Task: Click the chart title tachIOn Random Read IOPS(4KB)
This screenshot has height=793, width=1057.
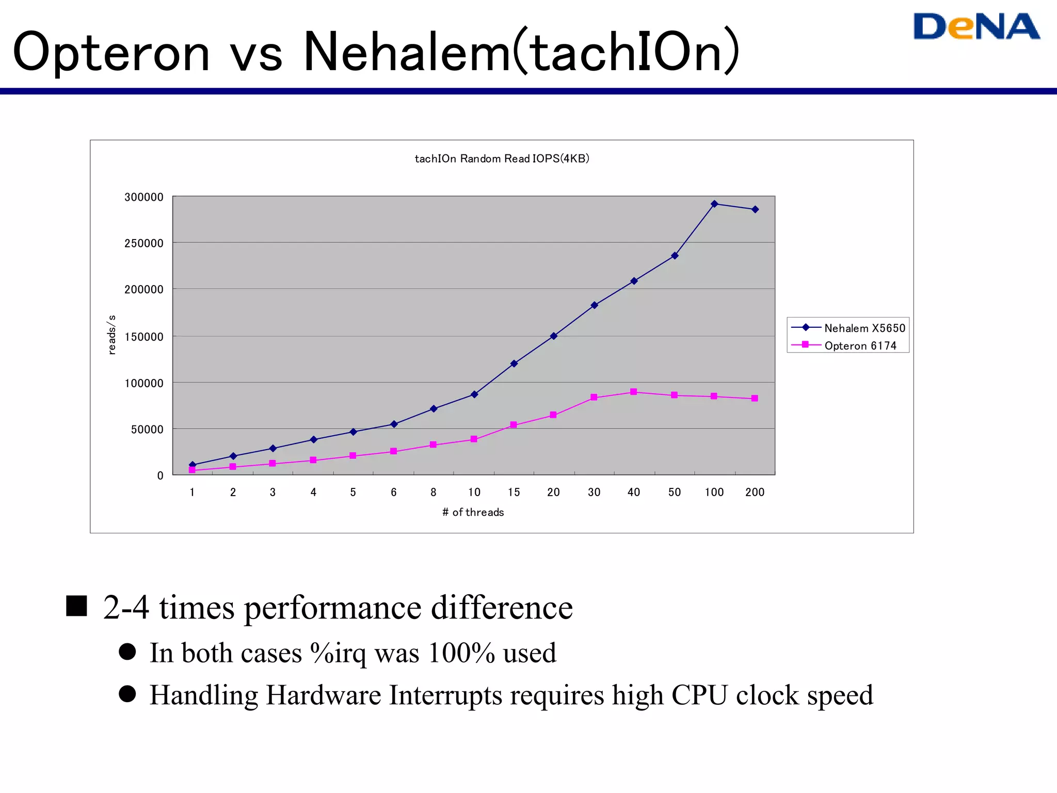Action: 502,158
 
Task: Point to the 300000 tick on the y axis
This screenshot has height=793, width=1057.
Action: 144,197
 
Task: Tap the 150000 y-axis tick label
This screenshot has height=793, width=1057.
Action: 144,337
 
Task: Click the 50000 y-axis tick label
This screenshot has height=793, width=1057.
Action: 147,430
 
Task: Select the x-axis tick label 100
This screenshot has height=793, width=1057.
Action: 714,493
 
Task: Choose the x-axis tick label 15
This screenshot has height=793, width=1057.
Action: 514,493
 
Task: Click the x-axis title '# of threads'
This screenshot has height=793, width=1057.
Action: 473,512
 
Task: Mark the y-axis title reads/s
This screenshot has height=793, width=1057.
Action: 111,335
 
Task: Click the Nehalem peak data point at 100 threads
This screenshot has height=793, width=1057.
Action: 714,204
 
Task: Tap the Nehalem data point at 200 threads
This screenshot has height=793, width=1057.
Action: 755,210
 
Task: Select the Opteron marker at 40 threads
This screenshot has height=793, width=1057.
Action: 634,392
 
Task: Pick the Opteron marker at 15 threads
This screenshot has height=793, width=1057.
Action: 514,425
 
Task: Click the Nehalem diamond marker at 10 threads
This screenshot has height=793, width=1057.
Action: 474,394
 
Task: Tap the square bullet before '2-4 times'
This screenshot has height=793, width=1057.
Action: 76,606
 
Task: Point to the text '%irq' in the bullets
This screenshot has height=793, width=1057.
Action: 339,653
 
